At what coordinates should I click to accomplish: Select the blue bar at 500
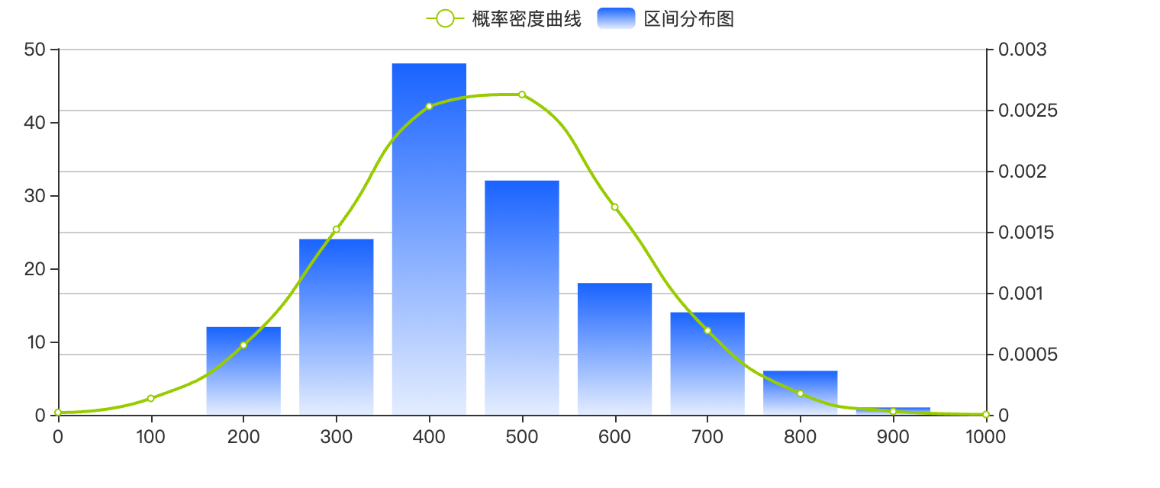coord(522,297)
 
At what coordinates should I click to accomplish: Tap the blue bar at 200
coord(243,371)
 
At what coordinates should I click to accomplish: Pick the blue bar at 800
coord(801,393)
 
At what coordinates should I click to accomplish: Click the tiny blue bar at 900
coord(893,411)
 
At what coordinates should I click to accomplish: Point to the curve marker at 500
coord(522,95)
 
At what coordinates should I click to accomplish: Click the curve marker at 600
coord(614,207)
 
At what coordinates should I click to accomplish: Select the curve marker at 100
coord(151,398)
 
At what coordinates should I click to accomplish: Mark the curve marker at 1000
coord(985,415)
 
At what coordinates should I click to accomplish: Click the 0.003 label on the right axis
coord(1023,50)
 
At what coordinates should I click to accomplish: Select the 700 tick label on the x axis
coord(707,437)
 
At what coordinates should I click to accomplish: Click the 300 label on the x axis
coord(337,437)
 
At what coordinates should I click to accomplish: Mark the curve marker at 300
coord(337,229)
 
